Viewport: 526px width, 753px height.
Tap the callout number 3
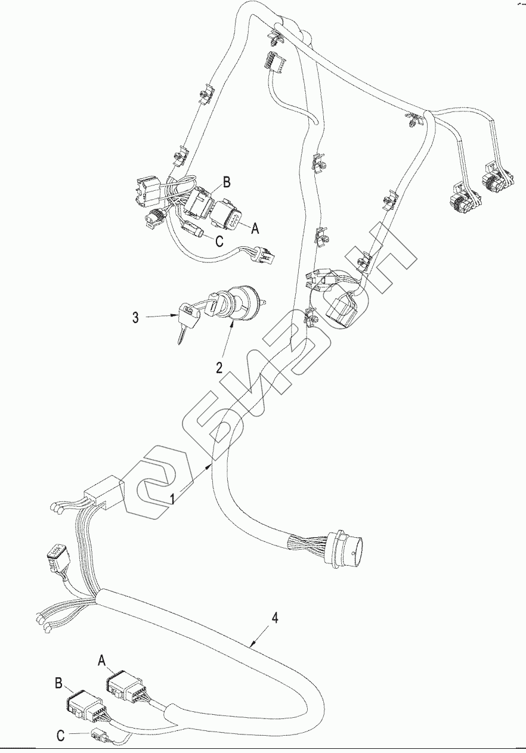[136, 317]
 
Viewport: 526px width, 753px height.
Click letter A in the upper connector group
[256, 227]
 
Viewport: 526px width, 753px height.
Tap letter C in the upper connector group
[219, 241]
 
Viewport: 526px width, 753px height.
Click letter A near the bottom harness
[101, 660]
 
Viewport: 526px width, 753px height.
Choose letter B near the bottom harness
[59, 683]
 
